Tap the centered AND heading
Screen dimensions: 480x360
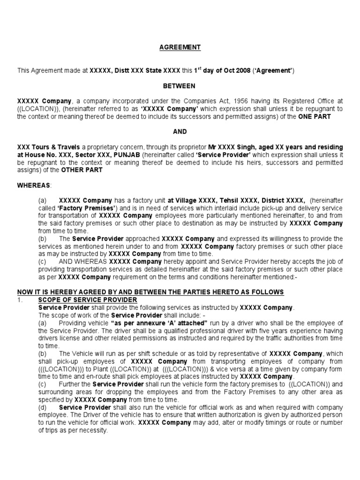[180, 132]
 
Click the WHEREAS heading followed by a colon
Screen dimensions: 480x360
[35, 185]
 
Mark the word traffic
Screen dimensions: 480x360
[280, 338]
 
